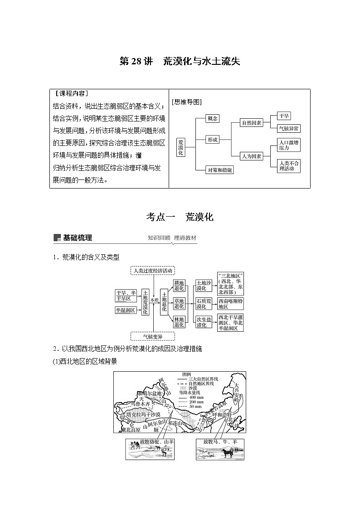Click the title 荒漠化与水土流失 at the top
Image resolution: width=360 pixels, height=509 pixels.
click(x=180, y=62)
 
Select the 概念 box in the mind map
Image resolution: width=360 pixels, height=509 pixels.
click(x=212, y=118)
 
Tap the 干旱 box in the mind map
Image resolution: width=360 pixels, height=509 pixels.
click(x=284, y=116)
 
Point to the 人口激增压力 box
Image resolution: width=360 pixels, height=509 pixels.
click(x=289, y=145)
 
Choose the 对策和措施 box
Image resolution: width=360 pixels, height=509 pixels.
click(x=219, y=170)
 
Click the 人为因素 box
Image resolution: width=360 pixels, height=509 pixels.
click(x=252, y=156)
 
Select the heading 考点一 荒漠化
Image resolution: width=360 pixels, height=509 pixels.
click(x=180, y=217)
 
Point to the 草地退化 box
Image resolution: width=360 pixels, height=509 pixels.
click(x=179, y=304)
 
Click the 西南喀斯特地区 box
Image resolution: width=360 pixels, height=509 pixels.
click(x=230, y=304)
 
